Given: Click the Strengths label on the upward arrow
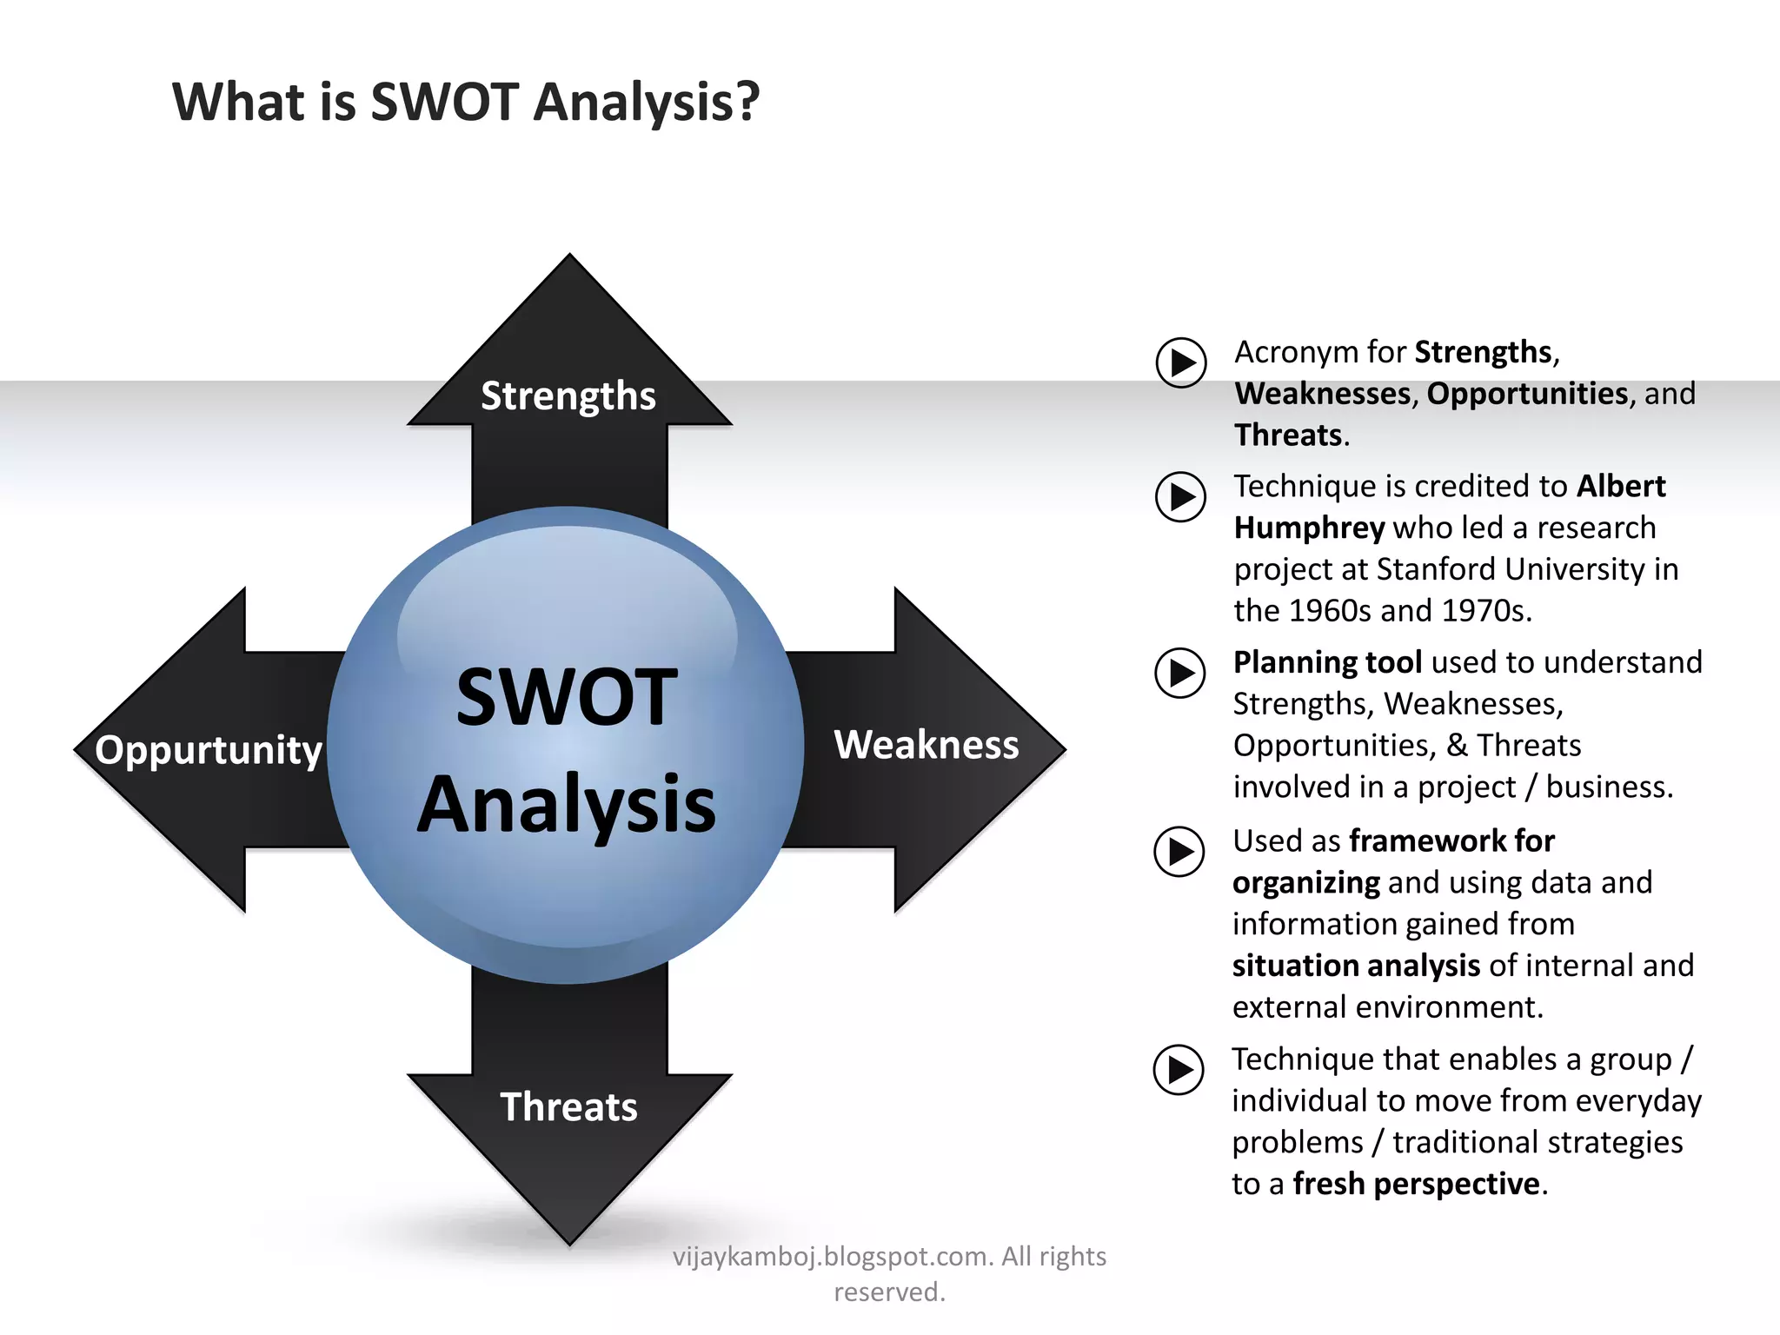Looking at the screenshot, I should [568, 396].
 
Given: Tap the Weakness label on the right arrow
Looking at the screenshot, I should [927, 745].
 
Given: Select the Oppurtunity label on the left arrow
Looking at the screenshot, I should [209, 749].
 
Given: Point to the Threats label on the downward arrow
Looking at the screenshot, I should [568, 1107].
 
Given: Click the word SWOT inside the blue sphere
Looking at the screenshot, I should [567, 697].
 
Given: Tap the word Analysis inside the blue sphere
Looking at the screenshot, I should [567, 804].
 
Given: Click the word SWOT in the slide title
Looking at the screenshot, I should [444, 102].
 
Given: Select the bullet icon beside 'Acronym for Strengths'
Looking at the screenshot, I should [1181, 362].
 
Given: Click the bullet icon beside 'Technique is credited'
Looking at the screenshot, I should [1180, 497].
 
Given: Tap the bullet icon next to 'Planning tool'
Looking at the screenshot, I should [1180, 673].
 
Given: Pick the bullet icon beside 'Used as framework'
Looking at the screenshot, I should [1179, 852].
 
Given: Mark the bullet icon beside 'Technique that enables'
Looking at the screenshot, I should [1179, 1070].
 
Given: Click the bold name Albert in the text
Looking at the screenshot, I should [1621, 487].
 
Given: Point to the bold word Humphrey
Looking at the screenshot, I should [1309, 528].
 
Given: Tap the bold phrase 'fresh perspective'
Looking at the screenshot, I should [1416, 1184].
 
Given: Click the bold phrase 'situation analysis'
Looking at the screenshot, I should [1356, 966].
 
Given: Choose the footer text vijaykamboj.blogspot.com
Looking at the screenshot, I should [831, 1257].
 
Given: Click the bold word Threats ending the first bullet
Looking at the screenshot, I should [1288, 435].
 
